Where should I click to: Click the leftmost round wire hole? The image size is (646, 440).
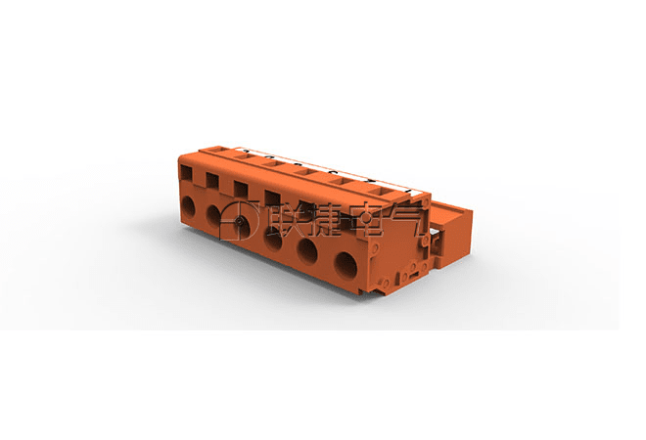coord(188,205)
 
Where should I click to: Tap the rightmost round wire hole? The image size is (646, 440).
coord(346,265)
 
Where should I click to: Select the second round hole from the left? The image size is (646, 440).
coord(213,214)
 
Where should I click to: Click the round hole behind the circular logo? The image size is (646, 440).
coord(240,224)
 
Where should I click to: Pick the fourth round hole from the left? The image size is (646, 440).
coord(273,239)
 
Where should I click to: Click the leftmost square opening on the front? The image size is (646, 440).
coord(186,173)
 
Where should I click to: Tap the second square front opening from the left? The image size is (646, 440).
coord(212,181)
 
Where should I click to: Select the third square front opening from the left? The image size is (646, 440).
coord(241,189)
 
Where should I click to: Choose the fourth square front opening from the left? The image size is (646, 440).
coord(272,198)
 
